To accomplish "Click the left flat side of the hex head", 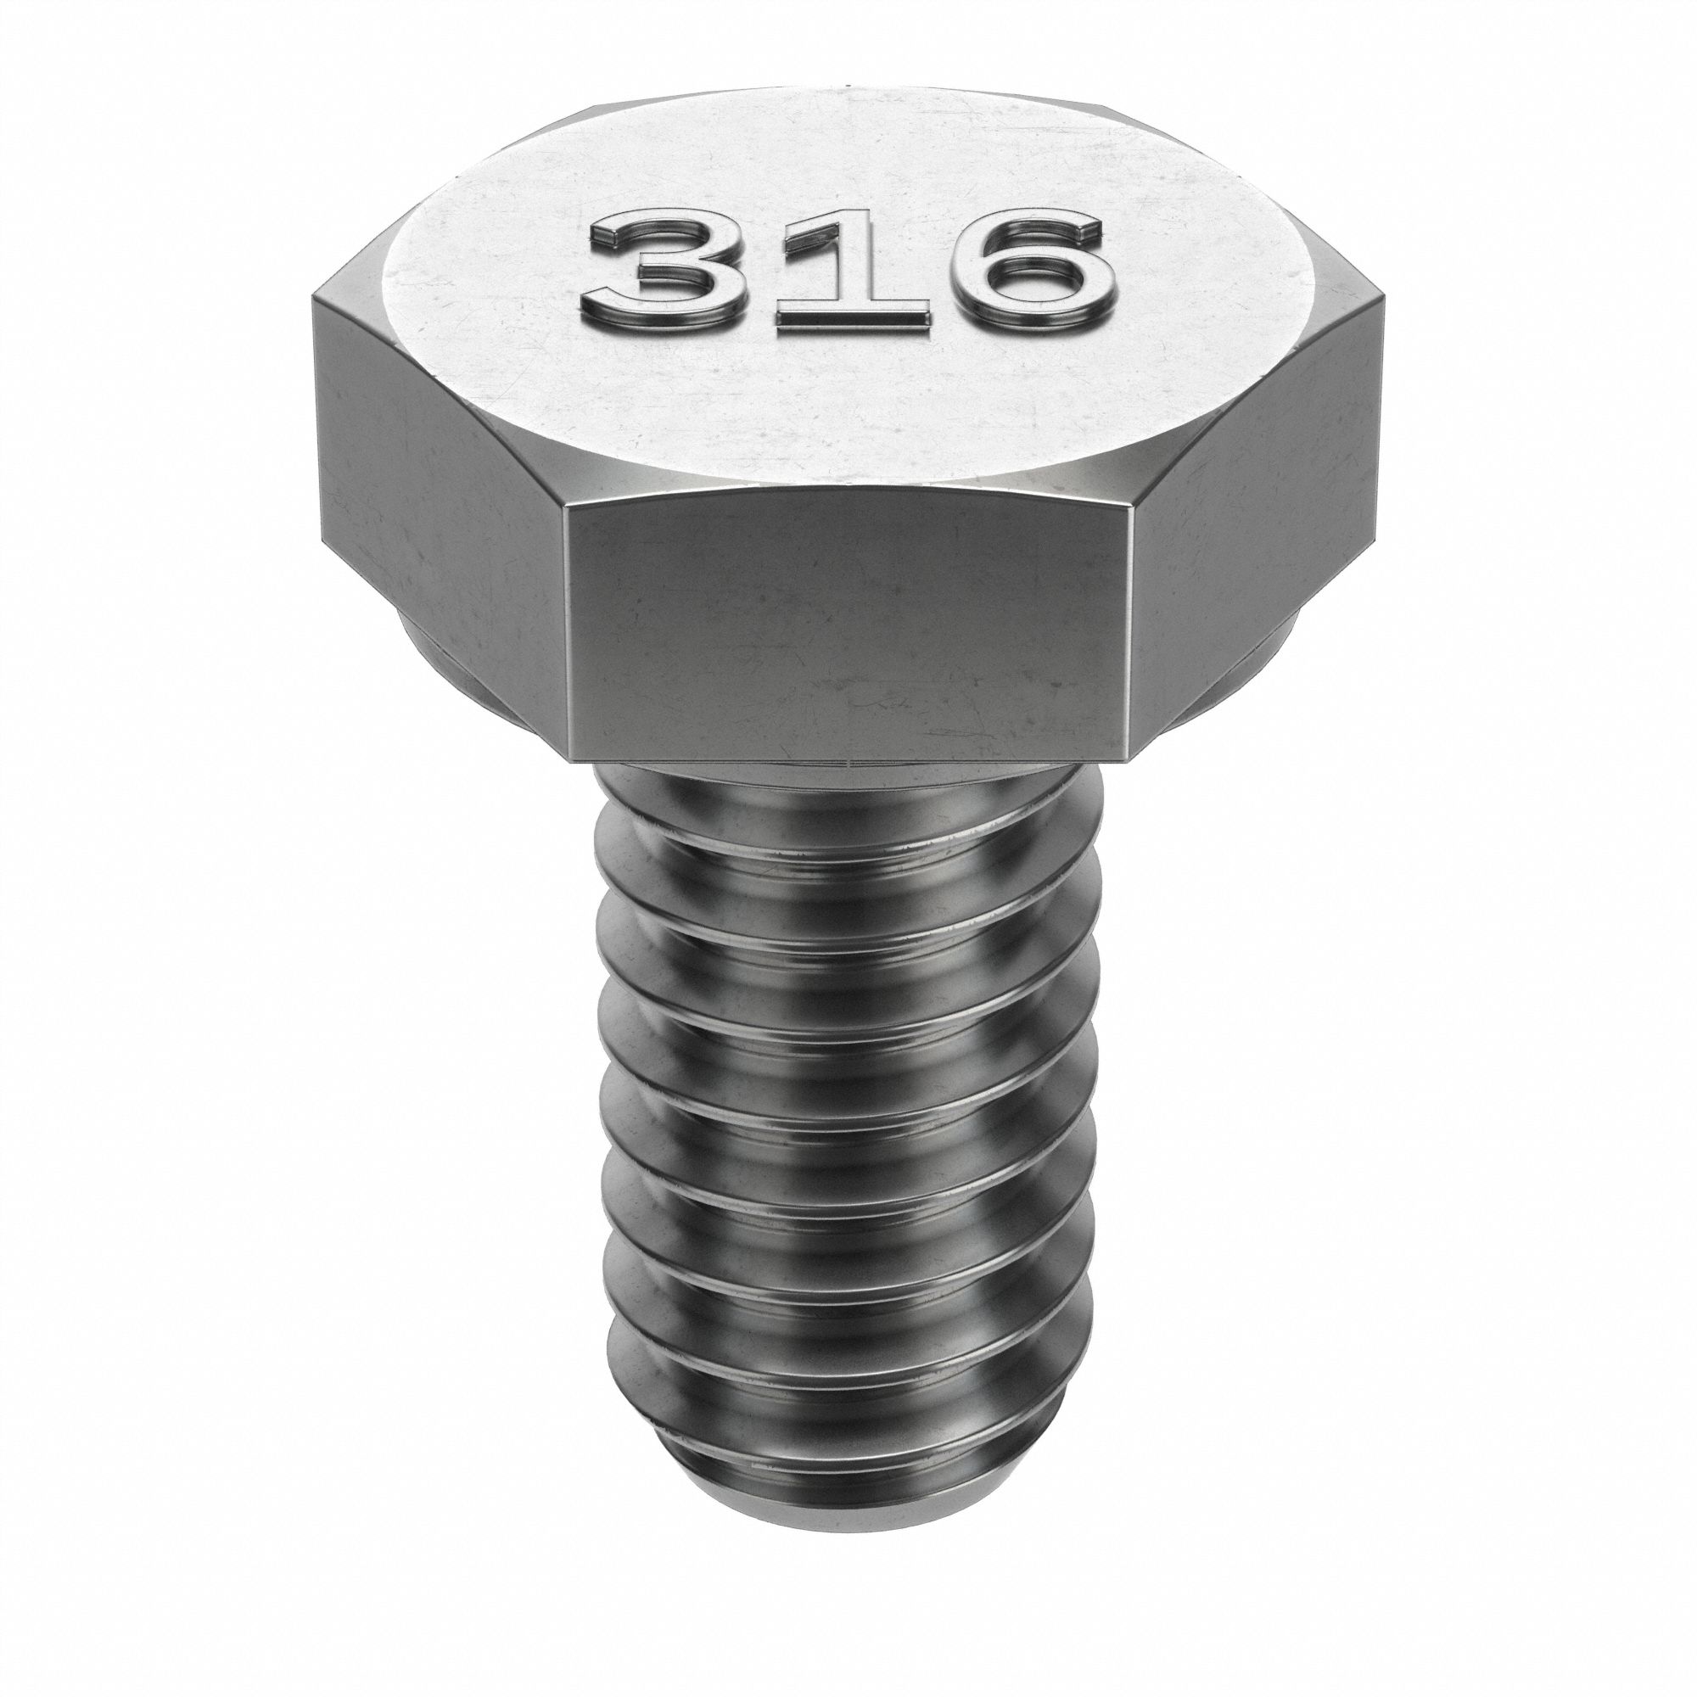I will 440,492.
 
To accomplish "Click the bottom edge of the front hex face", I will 848,760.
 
